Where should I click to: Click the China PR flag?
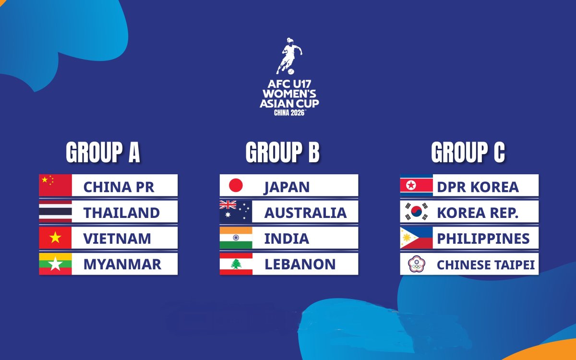tap(55, 185)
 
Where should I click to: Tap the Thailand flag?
tap(55, 212)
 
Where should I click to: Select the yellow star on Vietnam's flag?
tap(55, 238)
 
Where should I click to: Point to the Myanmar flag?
tap(55, 264)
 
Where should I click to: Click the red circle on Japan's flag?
tap(236, 185)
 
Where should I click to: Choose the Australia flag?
tap(236, 212)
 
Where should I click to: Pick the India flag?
tap(236, 238)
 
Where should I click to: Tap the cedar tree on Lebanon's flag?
tap(236, 264)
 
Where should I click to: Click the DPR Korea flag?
tap(416, 185)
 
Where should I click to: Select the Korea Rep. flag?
tap(416, 212)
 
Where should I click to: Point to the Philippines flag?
tap(416, 238)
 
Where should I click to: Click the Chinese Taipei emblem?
tap(416, 264)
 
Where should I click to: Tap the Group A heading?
tap(103, 153)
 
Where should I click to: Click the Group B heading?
tap(282, 153)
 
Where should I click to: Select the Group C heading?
tap(468, 153)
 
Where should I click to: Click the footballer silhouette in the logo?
tap(289, 56)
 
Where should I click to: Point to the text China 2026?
tap(289, 112)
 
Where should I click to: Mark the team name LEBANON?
tap(300, 264)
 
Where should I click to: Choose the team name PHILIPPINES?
tap(483, 238)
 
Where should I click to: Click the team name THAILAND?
tap(121, 212)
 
